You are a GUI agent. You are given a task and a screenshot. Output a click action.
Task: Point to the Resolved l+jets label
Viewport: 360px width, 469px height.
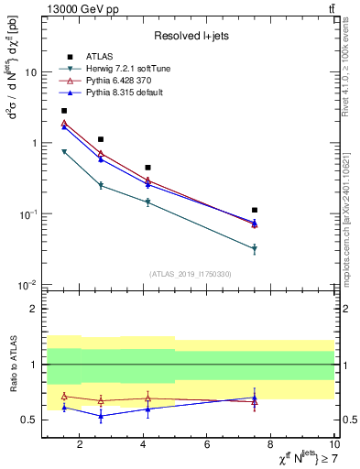coord(188,35)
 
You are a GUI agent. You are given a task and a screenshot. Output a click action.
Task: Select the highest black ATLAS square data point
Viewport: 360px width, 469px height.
coord(64,110)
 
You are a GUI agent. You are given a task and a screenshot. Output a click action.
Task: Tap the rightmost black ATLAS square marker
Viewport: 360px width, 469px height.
coord(255,210)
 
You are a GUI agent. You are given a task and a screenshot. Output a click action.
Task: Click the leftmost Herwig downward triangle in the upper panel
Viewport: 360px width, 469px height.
coord(64,152)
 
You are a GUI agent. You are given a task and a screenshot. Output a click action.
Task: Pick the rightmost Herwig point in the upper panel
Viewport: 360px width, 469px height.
coord(255,248)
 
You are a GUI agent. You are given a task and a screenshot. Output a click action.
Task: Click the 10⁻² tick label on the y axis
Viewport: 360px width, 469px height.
coord(27,286)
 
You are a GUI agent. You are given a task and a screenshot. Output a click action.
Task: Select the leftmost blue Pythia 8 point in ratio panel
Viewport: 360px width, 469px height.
coord(64,407)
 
